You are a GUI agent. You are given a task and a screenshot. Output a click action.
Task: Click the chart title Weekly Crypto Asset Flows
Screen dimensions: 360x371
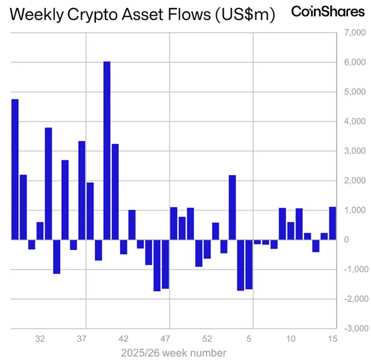pos(142,15)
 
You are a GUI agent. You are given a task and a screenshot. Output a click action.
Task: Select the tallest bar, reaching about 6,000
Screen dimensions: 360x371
pos(107,150)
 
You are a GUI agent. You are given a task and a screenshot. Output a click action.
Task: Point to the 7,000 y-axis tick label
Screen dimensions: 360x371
pos(356,33)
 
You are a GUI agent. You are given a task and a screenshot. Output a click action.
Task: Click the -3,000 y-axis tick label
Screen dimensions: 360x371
pos(356,329)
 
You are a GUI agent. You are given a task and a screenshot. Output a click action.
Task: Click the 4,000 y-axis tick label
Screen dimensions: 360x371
pos(356,122)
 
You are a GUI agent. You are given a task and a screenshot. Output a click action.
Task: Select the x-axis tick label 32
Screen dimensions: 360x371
pos(40,339)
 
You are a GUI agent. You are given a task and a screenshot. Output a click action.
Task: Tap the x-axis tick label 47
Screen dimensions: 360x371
pos(165,339)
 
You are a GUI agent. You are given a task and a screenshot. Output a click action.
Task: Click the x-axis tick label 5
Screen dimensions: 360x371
pos(249,339)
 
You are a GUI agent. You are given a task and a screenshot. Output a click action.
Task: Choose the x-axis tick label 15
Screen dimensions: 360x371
pos(332,339)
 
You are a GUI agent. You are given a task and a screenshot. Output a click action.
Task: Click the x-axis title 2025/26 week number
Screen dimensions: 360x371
pos(174,353)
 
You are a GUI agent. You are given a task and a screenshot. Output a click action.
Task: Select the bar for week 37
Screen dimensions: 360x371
pos(82,190)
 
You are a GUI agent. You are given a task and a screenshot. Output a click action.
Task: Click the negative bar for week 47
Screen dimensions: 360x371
pos(165,264)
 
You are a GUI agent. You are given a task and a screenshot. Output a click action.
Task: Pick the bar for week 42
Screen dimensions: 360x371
pos(124,246)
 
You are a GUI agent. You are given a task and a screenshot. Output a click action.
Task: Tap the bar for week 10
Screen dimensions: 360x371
pos(290,231)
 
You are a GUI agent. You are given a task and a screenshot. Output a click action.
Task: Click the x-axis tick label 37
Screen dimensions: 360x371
pos(82,339)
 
